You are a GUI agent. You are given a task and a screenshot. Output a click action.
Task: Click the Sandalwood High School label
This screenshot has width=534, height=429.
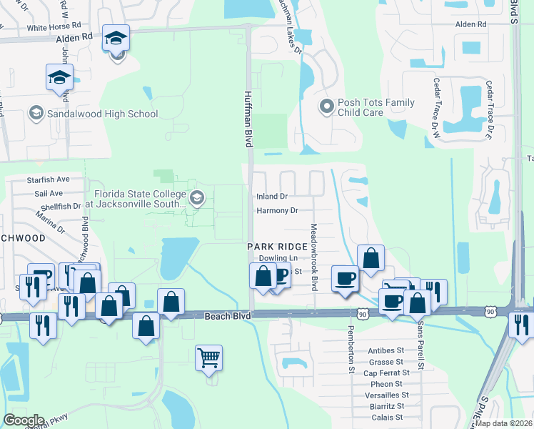click(x=102, y=114)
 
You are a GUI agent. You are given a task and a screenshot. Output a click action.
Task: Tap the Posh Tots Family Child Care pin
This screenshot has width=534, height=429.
click(x=327, y=107)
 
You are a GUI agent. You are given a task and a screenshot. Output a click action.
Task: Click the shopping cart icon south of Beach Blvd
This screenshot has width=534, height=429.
click(x=208, y=356)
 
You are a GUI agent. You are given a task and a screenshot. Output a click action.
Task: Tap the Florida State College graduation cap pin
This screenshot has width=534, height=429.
click(x=196, y=198)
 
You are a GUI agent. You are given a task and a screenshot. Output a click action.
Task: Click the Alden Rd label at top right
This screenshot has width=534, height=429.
click(x=470, y=24)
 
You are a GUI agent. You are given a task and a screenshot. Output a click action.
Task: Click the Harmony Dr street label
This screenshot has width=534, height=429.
click(x=276, y=211)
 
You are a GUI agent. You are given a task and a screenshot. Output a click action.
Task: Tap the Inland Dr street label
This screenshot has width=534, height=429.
click(x=272, y=196)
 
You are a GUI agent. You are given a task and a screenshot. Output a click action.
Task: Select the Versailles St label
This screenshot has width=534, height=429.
click(x=386, y=395)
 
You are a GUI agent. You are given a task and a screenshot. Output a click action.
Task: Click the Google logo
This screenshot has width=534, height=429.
click(x=24, y=420)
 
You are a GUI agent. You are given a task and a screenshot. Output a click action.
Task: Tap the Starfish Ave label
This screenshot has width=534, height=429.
click(x=48, y=179)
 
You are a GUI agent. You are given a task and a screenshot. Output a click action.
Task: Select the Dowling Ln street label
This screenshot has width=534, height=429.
click(x=277, y=257)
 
